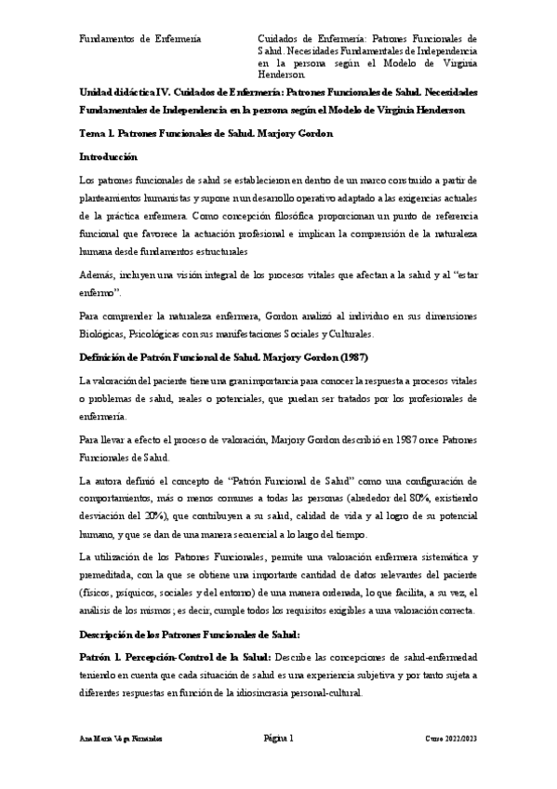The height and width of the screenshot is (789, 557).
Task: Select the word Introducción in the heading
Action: click(x=109, y=157)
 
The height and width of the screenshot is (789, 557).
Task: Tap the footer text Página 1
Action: click(x=278, y=739)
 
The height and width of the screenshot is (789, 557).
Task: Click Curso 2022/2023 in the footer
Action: click(x=452, y=740)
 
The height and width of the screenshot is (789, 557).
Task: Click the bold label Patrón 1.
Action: click(x=103, y=658)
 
